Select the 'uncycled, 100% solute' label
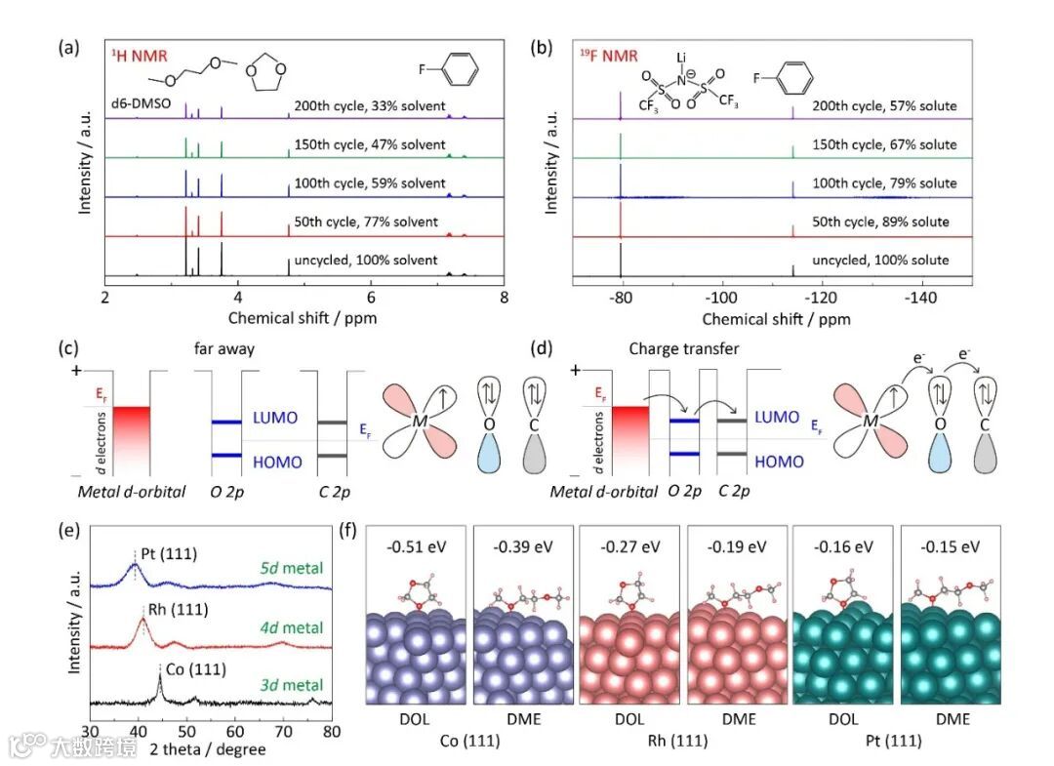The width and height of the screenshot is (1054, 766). [x=888, y=261]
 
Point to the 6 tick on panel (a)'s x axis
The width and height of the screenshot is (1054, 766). [x=371, y=298]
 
